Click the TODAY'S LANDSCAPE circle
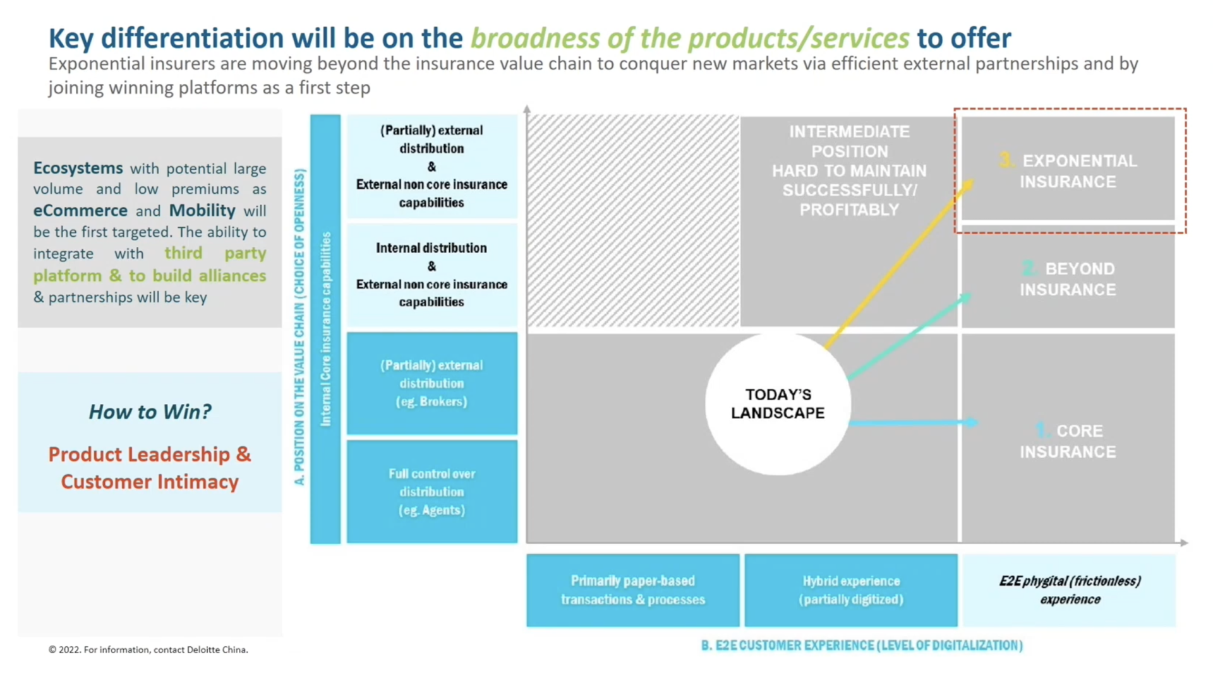point(778,404)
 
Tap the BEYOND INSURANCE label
point(1068,279)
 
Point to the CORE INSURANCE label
point(1068,441)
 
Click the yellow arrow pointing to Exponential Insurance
point(897,265)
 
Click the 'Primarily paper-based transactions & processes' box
point(632,590)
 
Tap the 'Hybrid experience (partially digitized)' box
point(851,590)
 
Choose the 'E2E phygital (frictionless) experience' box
point(1070,590)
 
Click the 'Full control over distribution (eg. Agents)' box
point(431,492)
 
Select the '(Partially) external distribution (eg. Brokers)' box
point(431,383)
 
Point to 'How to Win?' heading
point(150,412)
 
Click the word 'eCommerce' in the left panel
point(80,210)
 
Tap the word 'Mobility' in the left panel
point(202,210)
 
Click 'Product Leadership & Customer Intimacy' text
point(150,468)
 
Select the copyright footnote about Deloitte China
point(148,649)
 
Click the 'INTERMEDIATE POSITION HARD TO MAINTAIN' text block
point(849,170)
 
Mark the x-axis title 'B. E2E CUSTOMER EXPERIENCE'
point(862,645)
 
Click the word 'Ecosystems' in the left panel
point(78,168)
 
